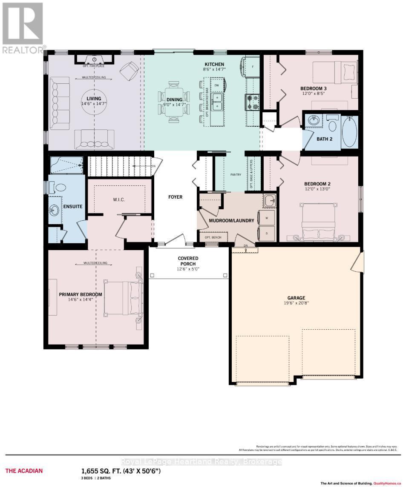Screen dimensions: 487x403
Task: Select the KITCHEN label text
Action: click(213, 64)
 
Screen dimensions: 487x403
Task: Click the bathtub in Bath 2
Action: click(350, 131)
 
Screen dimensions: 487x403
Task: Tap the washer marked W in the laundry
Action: click(266, 217)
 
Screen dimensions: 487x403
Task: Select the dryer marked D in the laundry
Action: click(266, 233)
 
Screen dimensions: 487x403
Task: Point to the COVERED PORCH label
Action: click(188, 258)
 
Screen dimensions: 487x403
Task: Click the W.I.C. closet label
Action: click(118, 199)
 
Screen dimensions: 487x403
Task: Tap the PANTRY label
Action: click(235, 174)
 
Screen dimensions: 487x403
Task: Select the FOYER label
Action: click(175, 197)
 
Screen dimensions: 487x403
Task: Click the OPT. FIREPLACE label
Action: click(93, 66)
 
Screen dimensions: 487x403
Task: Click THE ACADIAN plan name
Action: click(24, 471)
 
